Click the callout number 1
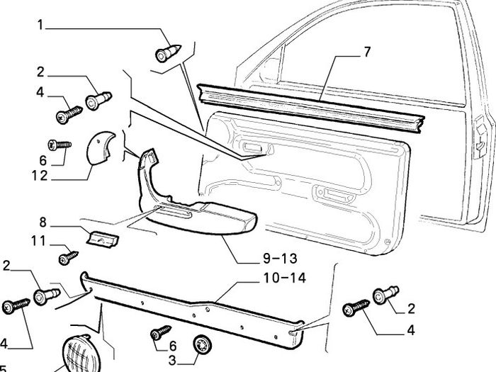point(40,25)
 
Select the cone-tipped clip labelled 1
point(169,53)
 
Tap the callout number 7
point(366,52)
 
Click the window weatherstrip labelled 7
point(310,108)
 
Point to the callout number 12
point(40,176)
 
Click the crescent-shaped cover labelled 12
point(100,147)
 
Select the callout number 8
point(43,222)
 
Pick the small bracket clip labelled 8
point(102,238)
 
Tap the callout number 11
point(38,241)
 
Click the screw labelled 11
point(68,257)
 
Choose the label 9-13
point(280,259)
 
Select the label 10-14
point(285,278)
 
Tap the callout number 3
point(172,360)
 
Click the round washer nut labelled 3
point(202,344)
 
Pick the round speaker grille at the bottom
point(81,354)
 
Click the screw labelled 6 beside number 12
point(60,145)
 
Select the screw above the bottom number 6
point(160,333)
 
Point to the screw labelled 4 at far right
point(356,308)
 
